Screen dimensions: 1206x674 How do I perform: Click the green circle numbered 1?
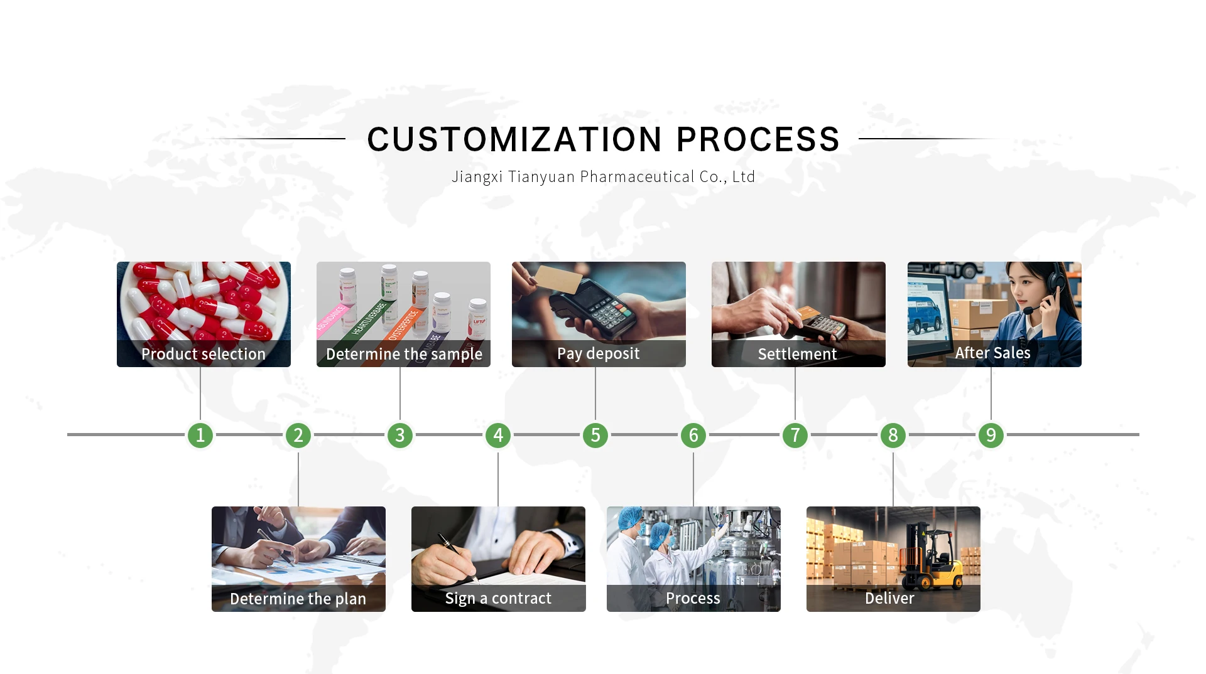[x=200, y=435]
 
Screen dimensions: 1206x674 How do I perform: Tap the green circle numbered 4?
[x=498, y=435]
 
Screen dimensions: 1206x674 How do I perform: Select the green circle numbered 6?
[x=693, y=435]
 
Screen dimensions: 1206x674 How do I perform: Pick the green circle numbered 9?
[x=991, y=435]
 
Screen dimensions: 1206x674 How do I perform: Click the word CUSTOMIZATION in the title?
[x=514, y=139]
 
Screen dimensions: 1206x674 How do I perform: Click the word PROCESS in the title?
[x=758, y=139]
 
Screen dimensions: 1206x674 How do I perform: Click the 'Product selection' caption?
[x=204, y=354]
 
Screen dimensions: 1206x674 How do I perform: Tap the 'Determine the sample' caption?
[x=404, y=354]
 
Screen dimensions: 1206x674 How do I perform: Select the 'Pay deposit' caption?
[x=598, y=353]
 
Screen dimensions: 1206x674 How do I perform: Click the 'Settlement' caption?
[x=797, y=354]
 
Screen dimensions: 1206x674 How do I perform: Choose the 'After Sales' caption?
[x=992, y=353]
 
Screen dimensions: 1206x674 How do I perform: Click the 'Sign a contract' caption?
[x=498, y=598]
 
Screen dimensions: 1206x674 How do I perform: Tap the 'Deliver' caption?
[x=889, y=598]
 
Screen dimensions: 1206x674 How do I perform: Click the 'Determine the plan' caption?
[x=298, y=599]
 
